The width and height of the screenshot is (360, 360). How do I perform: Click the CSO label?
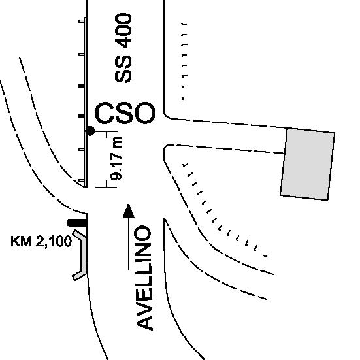coord(125,113)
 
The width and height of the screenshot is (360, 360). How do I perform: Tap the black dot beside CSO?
coord(90,131)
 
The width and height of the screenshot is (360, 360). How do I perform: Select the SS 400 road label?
coord(123,48)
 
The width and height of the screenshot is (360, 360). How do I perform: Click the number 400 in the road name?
coord(123,31)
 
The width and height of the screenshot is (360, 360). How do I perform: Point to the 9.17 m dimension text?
coord(116,158)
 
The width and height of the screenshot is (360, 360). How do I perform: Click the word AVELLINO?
coord(144,278)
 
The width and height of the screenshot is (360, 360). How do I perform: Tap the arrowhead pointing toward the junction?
coord(129,211)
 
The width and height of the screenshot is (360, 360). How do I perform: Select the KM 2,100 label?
coord(41,241)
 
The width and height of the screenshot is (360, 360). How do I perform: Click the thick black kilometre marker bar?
coord(77,223)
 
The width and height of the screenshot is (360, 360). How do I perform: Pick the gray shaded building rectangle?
coord(308,165)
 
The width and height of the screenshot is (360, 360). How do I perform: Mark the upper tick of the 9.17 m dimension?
coord(106,131)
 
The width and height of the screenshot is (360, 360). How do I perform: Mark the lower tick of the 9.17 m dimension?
coord(106,188)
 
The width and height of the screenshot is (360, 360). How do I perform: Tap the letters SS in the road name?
coord(123,69)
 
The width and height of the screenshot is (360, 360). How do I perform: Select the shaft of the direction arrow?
coord(129,244)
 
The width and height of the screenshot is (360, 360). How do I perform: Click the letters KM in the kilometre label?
coord(22,241)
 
